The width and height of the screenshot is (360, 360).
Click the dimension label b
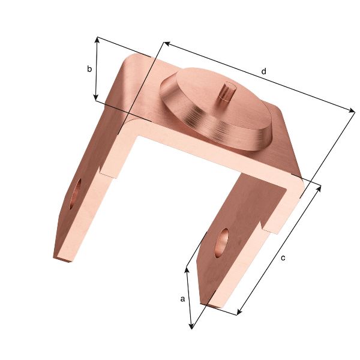point(89,69)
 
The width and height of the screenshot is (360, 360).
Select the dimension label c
point(283,258)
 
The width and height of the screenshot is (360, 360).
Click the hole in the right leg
point(222,241)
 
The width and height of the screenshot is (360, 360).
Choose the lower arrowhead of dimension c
point(239,311)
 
